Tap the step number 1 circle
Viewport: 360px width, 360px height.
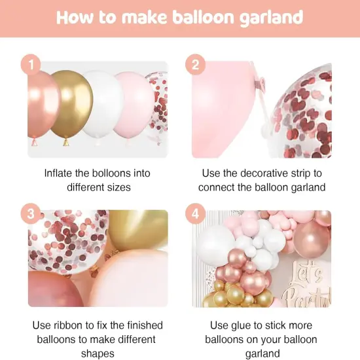pyautogui.click(x=31, y=65)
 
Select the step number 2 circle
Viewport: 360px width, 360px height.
pyautogui.click(x=196, y=65)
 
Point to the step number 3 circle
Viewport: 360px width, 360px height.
pyautogui.click(x=31, y=215)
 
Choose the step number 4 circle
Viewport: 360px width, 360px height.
pyautogui.click(x=196, y=215)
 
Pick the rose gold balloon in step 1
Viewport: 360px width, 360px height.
pyautogui.click(x=41, y=105)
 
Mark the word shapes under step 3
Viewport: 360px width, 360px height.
pyautogui.click(x=98, y=354)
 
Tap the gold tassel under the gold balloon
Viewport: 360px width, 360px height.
pyautogui.click(x=65, y=141)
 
